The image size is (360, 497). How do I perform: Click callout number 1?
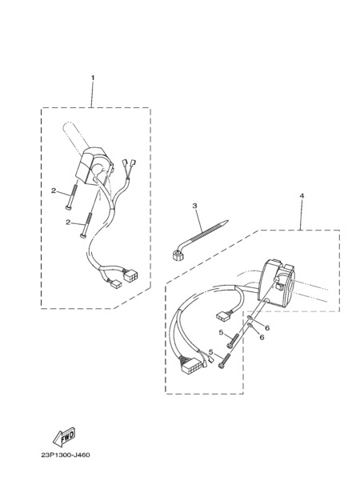coord(93,78)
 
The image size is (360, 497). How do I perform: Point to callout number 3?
coord(194,206)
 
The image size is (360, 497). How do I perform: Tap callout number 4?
coord(302,196)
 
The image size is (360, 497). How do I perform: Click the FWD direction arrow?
coord(64,436)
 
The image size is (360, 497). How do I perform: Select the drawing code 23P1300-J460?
coord(66,455)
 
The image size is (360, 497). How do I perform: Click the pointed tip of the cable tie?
coord(227,221)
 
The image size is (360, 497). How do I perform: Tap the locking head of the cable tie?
coord(176,255)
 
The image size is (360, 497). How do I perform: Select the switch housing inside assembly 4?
coord(277,281)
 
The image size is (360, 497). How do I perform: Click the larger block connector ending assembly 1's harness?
coord(130,275)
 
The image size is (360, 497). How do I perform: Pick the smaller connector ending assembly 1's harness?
coord(116,283)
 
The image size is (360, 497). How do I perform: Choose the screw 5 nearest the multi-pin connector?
coord(224,361)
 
